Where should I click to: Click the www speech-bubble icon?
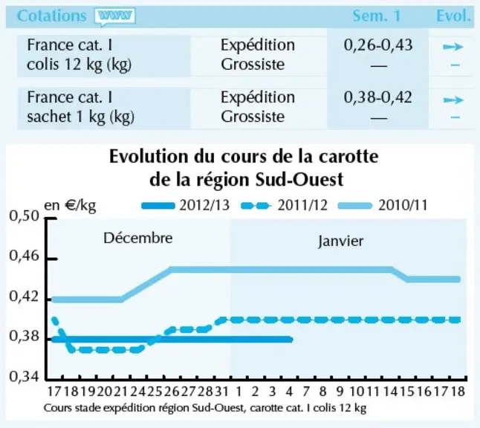tap(114, 16)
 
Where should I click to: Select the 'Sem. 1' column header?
tap(377, 16)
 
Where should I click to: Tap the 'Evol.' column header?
tap(453, 16)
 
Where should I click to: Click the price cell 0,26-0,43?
tap(378, 45)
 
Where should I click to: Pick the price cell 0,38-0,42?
tap(377, 97)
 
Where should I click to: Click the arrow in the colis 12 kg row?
tap(453, 47)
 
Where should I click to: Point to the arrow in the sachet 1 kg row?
tap(453, 100)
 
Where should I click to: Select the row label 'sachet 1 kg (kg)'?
tap(80, 117)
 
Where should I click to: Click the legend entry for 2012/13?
tap(186, 205)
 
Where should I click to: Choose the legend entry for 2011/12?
tap(284, 205)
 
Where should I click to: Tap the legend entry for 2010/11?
tap(383, 205)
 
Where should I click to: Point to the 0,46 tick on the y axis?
tap(51, 259)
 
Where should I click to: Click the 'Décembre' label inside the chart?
tap(138, 238)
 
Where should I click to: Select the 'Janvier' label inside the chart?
tap(341, 241)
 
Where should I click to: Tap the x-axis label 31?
tap(221, 392)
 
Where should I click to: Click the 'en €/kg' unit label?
tap(70, 206)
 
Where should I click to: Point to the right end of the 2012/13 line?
tap(291, 340)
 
